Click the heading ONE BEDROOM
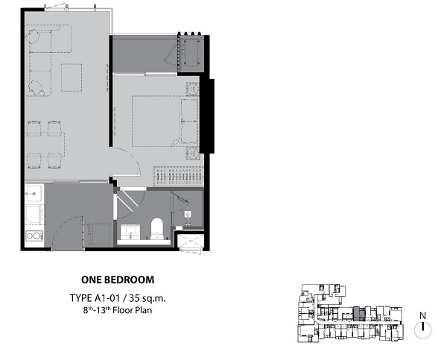click(x=118, y=280)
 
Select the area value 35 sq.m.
click(x=148, y=298)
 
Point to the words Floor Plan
click(x=133, y=310)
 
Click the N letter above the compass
click(x=422, y=316)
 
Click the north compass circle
click(x=422, y=330)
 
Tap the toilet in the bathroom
click(x=156, y=229)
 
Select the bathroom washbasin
click(x=130, y=233)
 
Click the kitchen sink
click(x=34, y=194)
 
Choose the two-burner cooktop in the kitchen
click(x=34, y=236)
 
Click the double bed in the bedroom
click(x=165, y=121)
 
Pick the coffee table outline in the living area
click(x=72, y=78)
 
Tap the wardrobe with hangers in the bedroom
click(x=179, y=177)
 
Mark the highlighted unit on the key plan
click(x=358, y=314)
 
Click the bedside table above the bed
click(x=192, y=89)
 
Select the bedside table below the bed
click(x=192, y=154)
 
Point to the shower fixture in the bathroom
click(x=188, y=218)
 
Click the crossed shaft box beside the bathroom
click(x=191, y=241)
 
